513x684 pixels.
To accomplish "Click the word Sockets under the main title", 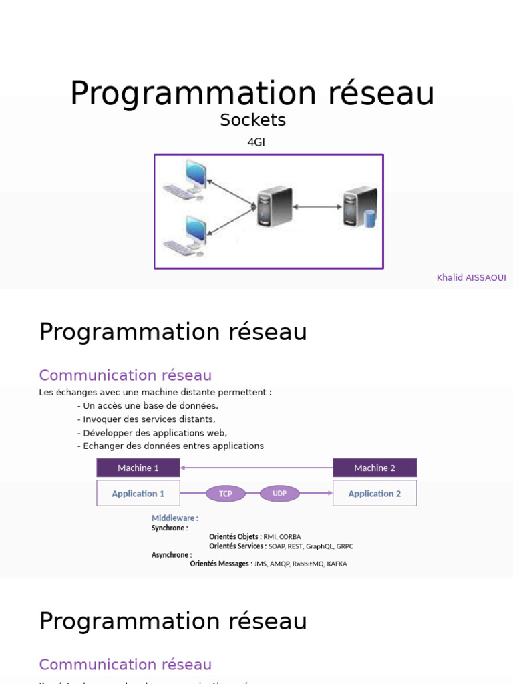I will [x=252, y=120].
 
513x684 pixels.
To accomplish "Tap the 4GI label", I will [x=256, y=142].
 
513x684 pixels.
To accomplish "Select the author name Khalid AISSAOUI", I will [x=471, y=277].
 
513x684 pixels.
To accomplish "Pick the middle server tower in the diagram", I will [x=275, y=206].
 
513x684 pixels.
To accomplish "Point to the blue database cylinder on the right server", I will [x=369, y=218].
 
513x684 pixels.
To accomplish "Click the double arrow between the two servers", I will [x=317, y=207].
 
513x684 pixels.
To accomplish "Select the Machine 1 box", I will [x=138, y=468].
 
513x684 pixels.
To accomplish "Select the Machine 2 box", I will [x=375, y=468].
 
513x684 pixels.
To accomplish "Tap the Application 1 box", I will [x=138, y=494].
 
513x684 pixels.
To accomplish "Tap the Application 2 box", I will [x=375, y=494].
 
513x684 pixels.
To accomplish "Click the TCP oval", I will [x=226, y=494].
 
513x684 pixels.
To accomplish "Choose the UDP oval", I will [x=279, y=494].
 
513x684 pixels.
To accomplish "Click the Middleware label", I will [x=174, y=518].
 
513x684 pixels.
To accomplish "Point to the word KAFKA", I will [x=337, y=564].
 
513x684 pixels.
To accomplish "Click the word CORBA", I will [x=290, y=536].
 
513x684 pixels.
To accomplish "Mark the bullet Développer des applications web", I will [x=152, y=433].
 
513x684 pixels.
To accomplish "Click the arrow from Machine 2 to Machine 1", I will [x=256, y=468].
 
